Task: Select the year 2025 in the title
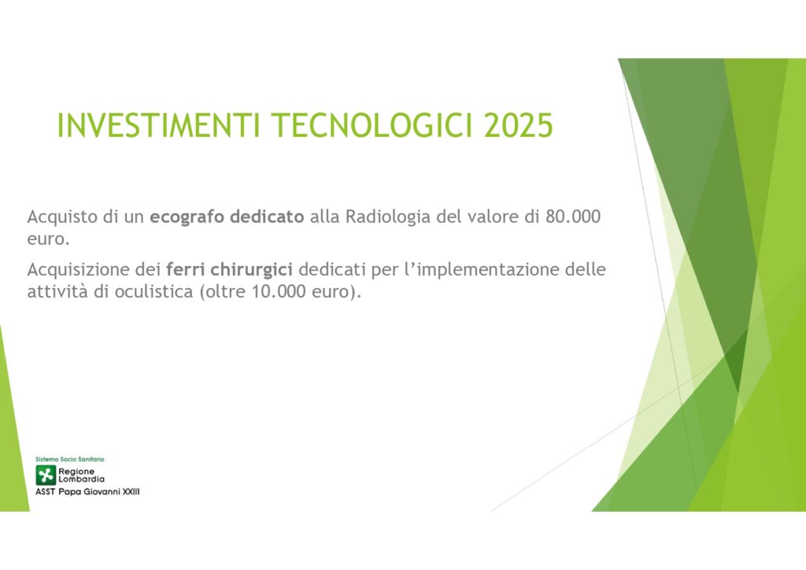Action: pos(519,125)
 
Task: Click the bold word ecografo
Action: pos(187,217)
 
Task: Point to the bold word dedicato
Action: pos(267,217)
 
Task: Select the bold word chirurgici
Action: pos(251,270)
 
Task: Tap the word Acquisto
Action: pos(62,217)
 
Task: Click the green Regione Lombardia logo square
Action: pos(46,476)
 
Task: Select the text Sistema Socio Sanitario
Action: pos(70,459)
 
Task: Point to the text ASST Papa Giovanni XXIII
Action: pos(87,492)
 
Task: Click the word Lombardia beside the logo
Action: pos(81,479)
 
